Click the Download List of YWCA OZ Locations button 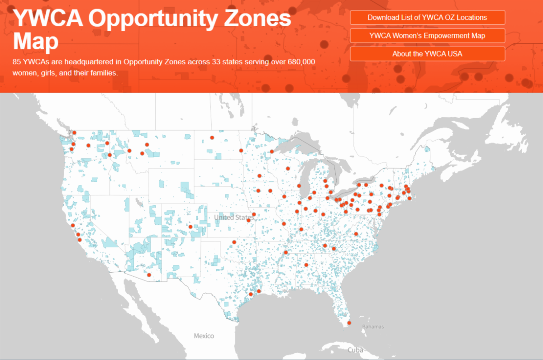[427, 17]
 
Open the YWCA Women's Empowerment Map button [427, 35]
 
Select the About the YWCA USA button [427, 53]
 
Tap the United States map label [231, 218]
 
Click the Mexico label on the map [204, 336]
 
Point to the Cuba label [355, 350]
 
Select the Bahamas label [373, 327]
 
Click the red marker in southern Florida [349, 323]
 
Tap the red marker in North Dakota [211, 137]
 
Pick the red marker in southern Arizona [149, 275]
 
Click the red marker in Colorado [191, 227]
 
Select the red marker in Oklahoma [234, 242]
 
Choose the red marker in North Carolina [356, 234]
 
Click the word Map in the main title [36, 42]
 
